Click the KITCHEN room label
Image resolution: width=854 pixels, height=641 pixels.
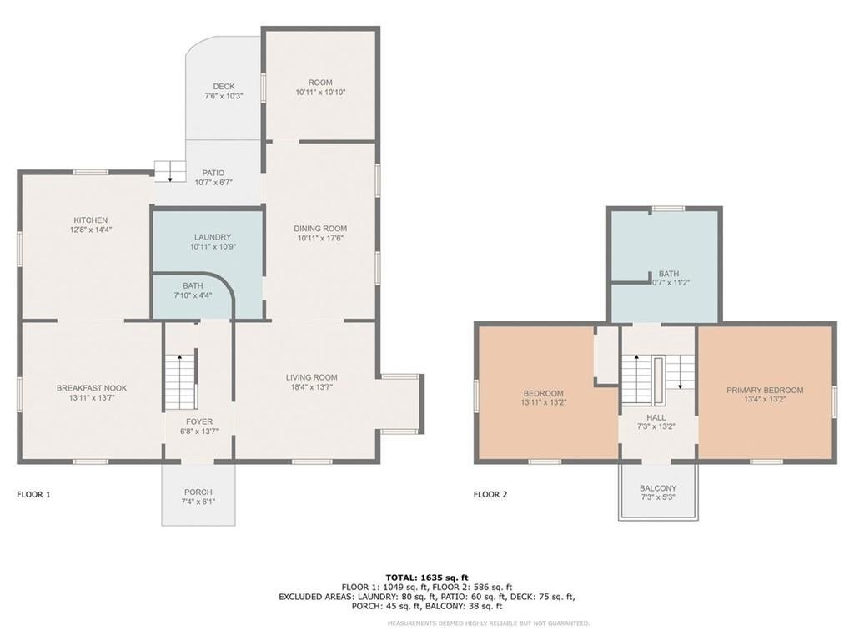pos(90,220)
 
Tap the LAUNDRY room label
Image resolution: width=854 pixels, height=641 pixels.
pos(213,237)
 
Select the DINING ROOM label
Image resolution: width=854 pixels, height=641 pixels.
pos(320,229)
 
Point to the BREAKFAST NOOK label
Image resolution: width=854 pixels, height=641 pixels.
pos(92,388)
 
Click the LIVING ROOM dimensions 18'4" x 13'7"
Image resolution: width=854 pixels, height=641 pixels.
pos(312,387)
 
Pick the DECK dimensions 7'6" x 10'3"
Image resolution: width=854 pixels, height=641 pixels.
pos(224,96)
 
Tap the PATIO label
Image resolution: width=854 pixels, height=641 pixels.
pos(213,173)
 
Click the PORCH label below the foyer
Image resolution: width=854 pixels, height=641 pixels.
pos(198,492)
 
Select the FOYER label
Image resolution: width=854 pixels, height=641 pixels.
pos(199,421)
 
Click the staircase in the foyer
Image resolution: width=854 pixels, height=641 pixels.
pos(181,381)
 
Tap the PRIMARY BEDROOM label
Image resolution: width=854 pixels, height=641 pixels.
pos(765,391)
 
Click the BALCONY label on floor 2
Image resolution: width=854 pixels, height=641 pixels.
pos(658,488)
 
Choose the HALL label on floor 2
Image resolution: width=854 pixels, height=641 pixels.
pos(656,417)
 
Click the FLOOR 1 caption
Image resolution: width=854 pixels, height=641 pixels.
pos(33,494)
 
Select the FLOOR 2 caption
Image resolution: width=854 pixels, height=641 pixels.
pos(490,494)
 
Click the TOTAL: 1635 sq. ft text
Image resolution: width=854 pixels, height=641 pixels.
pos(427,578)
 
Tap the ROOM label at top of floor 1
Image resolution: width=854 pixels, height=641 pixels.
pos(320,83)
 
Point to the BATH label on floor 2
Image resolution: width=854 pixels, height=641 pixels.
pos(669,274)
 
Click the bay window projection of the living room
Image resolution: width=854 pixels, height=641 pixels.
pos(401,403)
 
